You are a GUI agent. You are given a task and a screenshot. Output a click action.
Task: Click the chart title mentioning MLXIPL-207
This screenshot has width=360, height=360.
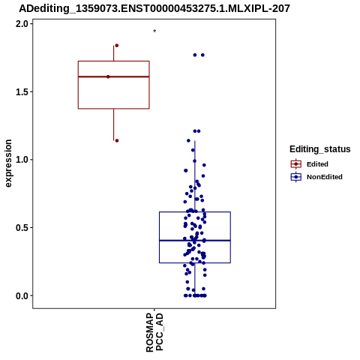coord(154,8)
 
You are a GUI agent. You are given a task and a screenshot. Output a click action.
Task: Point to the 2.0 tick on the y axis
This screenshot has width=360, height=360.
coord(21,24)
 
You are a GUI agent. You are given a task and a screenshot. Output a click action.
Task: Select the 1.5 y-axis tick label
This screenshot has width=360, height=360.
coord(21,92)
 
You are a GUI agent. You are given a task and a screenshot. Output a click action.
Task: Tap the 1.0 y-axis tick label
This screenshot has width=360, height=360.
coord(21,160)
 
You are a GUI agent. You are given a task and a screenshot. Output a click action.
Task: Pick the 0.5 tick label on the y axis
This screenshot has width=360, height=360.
coord(21,228)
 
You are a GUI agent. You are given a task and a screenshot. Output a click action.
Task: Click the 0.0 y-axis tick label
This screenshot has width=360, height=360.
coord(21,295)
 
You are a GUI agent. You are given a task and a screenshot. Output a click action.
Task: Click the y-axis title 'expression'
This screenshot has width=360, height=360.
coord(8,163)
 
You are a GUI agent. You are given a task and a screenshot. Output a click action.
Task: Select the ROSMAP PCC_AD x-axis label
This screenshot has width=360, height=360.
coord(154,332)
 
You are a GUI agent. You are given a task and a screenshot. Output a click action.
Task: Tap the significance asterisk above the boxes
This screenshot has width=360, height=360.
coord(154,31)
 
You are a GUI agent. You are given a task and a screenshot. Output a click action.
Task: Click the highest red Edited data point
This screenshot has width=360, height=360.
coord(116,46)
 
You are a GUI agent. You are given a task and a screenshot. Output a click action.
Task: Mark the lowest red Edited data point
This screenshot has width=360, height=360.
coord(117,141)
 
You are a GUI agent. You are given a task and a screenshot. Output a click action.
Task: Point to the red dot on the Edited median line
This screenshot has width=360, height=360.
coord(108,76)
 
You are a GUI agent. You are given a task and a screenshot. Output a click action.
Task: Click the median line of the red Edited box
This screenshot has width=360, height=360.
coord(114,76)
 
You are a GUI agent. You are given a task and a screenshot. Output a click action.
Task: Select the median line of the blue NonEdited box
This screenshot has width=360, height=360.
coord(195,241)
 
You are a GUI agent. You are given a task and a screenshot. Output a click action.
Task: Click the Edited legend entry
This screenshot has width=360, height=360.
coord(310,164)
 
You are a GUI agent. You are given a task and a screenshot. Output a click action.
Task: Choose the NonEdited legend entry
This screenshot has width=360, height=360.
coord(316,177)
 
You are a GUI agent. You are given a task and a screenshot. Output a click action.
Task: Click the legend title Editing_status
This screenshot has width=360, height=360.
coord(320,149)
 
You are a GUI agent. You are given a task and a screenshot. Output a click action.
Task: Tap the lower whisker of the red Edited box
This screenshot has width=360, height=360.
coord(114,124)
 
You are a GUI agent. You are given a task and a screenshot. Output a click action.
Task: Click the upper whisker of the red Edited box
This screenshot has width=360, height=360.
coord(114,53)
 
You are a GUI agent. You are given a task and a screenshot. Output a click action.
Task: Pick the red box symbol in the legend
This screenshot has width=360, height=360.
coord(296,164)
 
